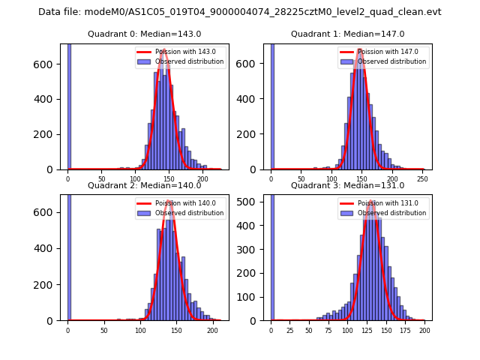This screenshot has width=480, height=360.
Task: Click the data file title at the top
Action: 240,12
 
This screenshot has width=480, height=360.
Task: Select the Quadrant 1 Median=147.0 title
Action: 347,34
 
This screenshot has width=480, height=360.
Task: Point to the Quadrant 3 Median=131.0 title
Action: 347,185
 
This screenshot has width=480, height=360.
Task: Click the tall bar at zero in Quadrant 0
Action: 69,105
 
